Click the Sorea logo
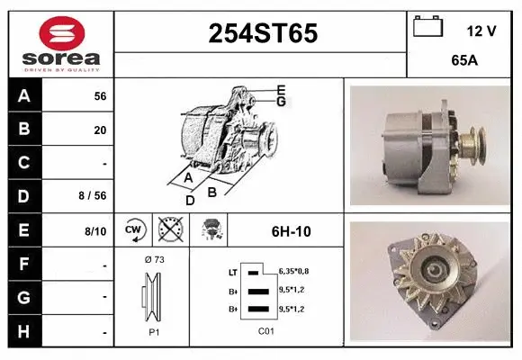coord(61,45)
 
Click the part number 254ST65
coord(262,33)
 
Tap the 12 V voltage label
coord(481,31)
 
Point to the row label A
coord(24,95)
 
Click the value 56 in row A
coord(100,95)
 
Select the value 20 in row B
coord(100,130)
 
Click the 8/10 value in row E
coord(95,231)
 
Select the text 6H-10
coord(291,231)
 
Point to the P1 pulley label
coord(153,331)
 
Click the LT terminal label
coord(233,271)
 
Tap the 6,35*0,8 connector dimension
coord(293,270)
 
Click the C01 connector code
coord(265,331)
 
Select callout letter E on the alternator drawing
coord(281,89)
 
